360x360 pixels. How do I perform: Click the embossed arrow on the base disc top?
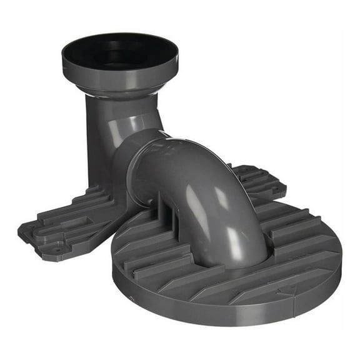point(289,289)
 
